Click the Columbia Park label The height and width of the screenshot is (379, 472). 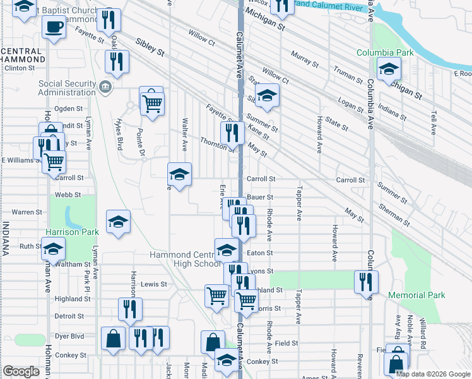click(385, 52)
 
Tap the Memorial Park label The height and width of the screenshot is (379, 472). click(416, 295)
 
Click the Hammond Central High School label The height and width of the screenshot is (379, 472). click(185, 259)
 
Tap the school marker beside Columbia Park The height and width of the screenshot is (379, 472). click(388, 68)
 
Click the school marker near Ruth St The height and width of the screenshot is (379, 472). click(53, 248)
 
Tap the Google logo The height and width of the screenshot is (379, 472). click(21, 371)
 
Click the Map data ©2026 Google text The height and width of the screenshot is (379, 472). click(432, 374)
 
